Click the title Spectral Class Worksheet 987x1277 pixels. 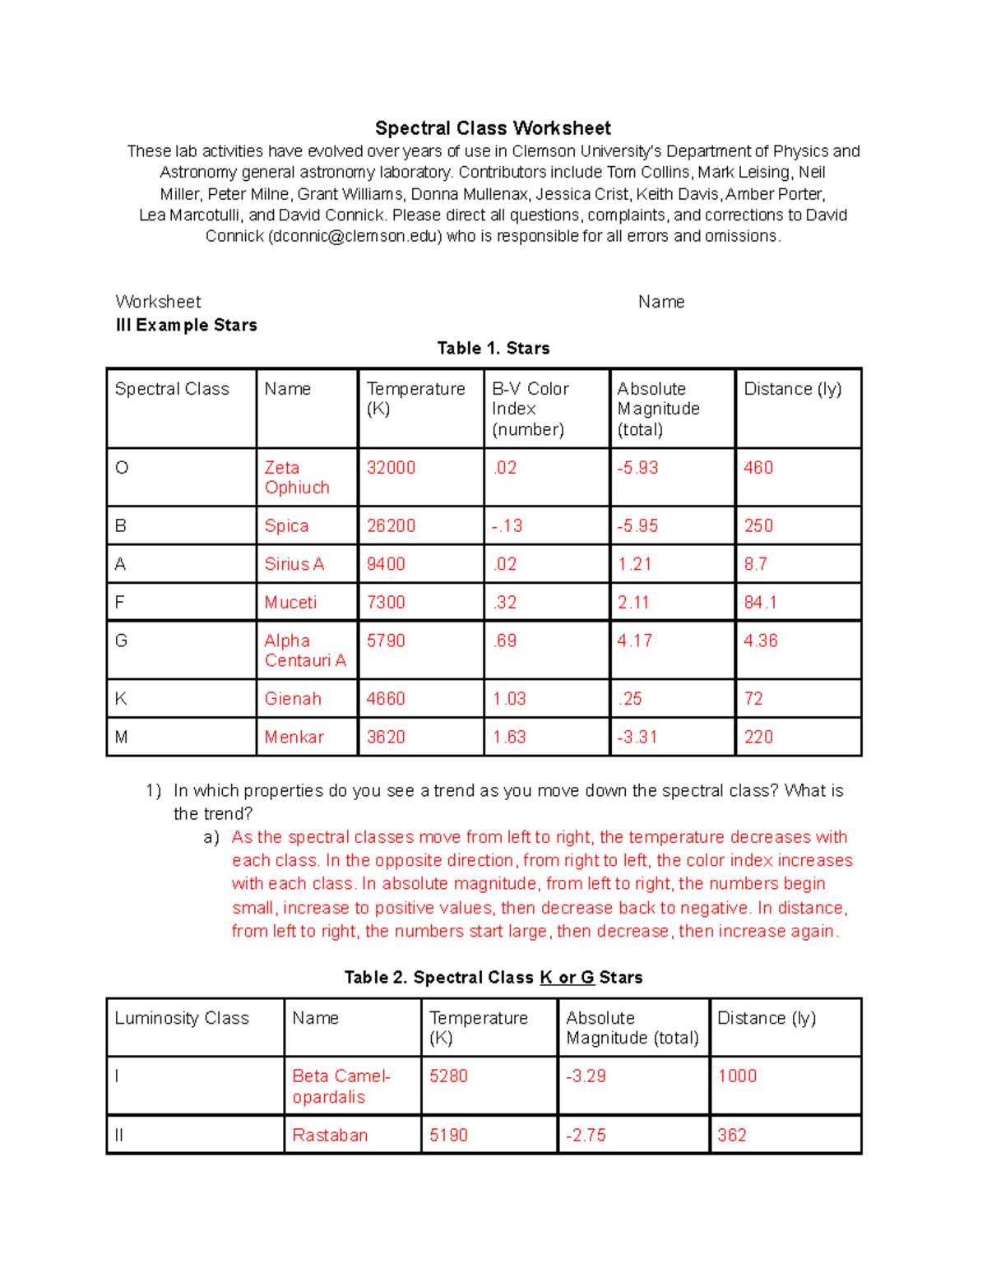point(493,128)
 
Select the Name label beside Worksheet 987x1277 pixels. point(660,302)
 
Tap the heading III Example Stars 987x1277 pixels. point(186,325)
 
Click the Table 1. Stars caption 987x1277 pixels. point(493,348)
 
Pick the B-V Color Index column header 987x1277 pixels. point(530,409)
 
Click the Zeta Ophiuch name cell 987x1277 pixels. point(297,478)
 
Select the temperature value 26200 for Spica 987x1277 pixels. point(391,526)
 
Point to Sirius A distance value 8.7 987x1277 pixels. point(755,564)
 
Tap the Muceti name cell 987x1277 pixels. point(290,603)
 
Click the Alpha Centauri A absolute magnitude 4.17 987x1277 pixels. point(634,641)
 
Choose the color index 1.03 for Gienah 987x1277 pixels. point(509,699)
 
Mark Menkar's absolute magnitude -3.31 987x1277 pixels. point(637,738)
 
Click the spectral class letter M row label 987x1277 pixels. point(122,738)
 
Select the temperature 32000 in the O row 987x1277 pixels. point(391,468)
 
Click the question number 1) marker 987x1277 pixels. point(154,791)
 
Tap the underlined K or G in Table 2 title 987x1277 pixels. point(567,978)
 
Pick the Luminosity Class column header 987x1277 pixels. point(182,1018)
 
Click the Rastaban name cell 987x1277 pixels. point(330,1136)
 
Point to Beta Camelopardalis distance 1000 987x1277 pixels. point(737,1076)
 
